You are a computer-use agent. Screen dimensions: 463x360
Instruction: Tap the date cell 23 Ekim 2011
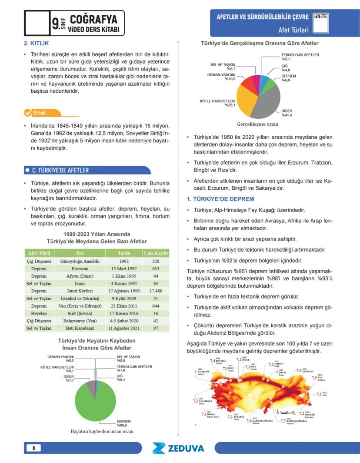[x=118, y=306]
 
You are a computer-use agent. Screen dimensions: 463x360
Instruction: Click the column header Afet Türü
[x=39, y=253]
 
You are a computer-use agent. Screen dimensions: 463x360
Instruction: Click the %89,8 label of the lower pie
[x=124, y=424]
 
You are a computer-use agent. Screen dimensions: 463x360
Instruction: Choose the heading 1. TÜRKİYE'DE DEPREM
[x=217, y=199]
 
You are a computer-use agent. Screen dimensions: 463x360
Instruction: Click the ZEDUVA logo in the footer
[x=178, y=448]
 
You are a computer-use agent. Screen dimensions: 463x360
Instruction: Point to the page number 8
[x=34, y=448]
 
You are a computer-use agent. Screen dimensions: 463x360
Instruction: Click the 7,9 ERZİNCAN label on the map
[x=304, y=370]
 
